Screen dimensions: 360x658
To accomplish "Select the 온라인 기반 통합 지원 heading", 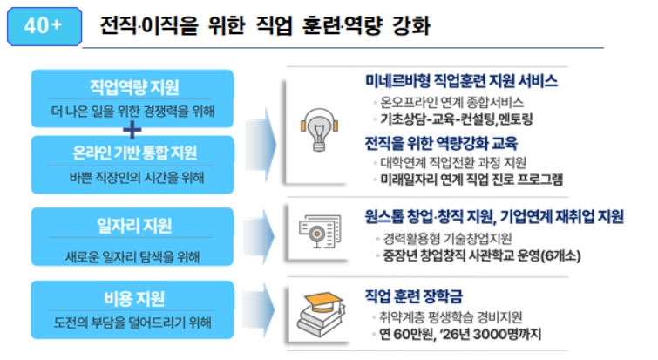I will click(x=133, y=153).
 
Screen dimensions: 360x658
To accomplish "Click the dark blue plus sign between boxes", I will click(x=132, y=130).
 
